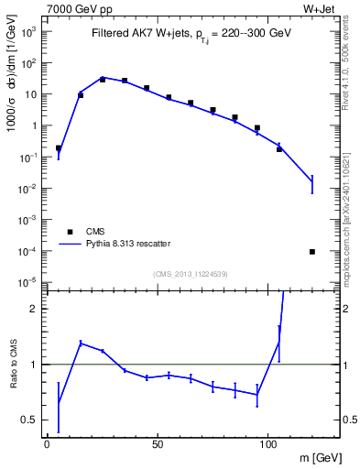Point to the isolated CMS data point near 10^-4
pyautogui.click(x=312, y=251)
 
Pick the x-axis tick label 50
pyautogui.click(x=158, y=444)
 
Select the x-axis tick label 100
pyautogui.click(x=267, y=444)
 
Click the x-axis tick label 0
pyautogui.click(x=47, y=444)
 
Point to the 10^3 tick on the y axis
pyautogui.click(x=28, y=31)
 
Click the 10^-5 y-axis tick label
pyautogui.click(x=27, y=282)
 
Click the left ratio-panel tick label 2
pyautogui.click(x=33, y=309)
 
